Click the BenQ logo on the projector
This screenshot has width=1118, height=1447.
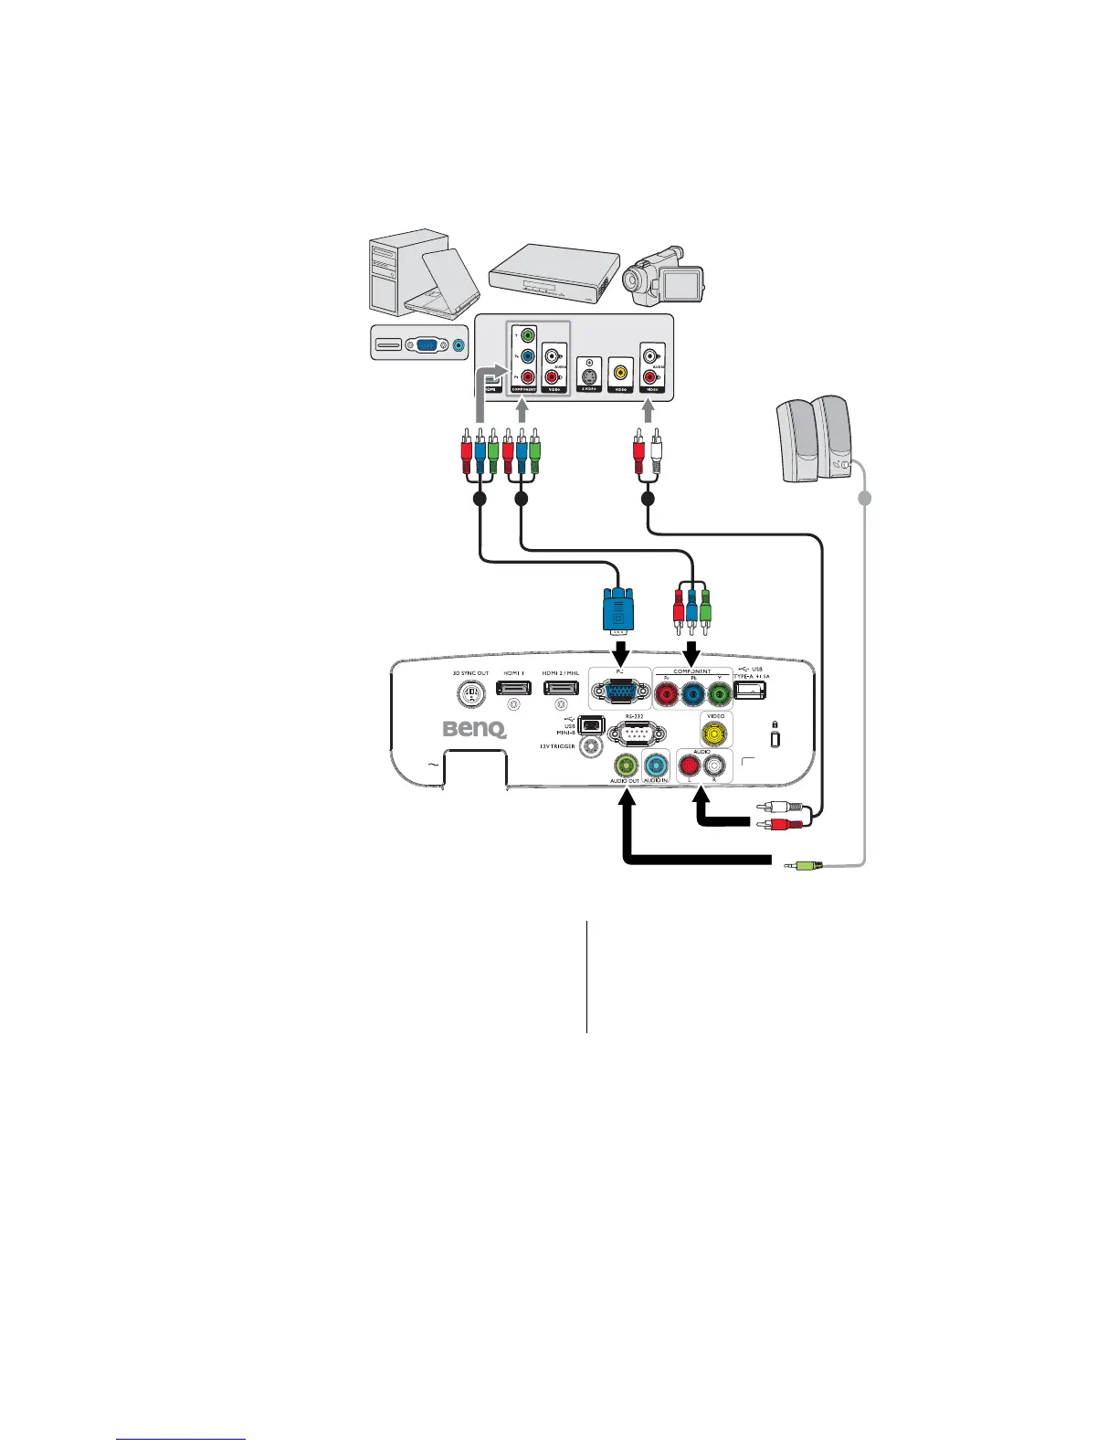474,729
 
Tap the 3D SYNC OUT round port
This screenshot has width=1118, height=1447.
471,694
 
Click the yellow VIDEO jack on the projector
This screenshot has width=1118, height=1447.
715,731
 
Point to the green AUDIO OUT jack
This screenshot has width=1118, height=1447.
626,765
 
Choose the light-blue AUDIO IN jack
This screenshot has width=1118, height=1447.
655,766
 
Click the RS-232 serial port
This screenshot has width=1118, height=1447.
635,734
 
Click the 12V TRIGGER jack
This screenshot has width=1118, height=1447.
593,746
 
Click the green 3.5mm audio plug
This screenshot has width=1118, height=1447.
804,864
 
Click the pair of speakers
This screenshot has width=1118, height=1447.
815,438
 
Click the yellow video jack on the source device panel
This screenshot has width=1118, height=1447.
621,372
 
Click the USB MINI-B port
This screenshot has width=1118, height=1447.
592,725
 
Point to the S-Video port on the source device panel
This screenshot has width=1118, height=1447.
590,374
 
